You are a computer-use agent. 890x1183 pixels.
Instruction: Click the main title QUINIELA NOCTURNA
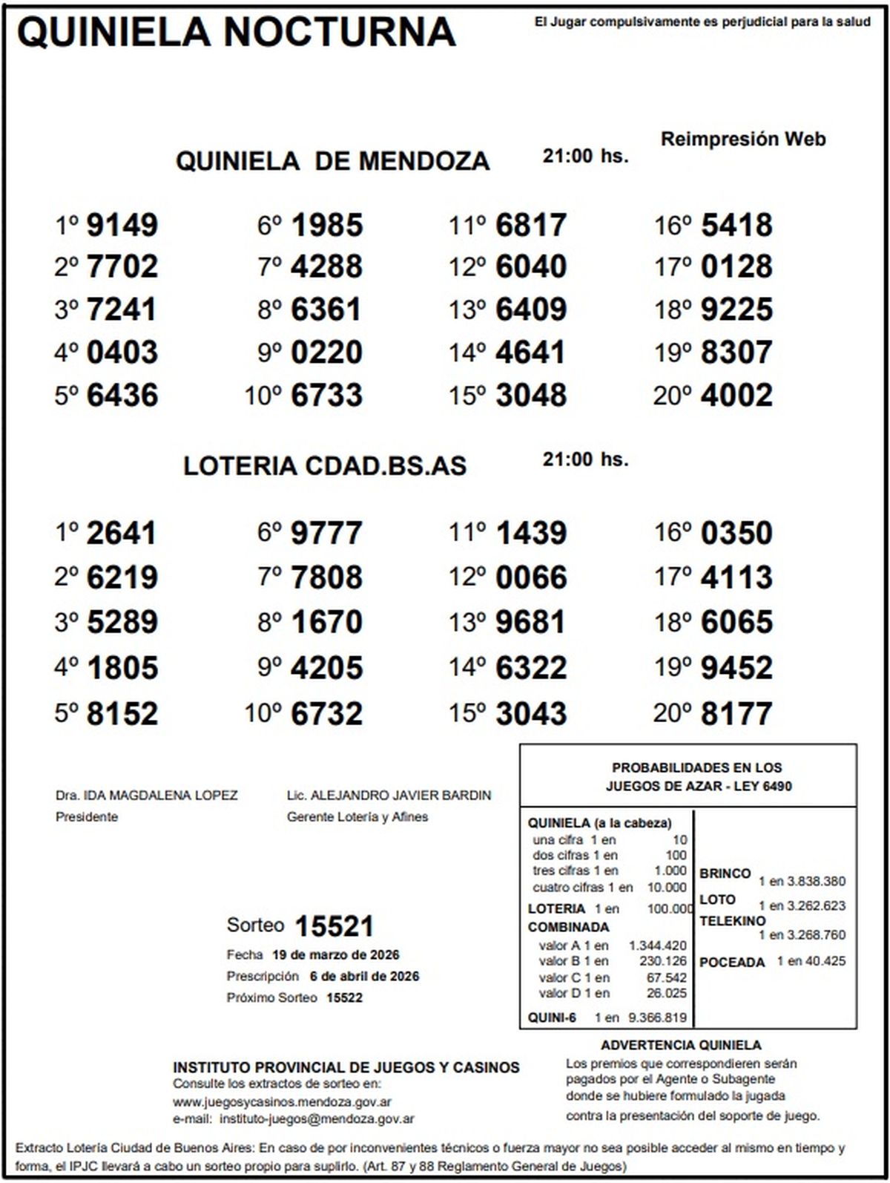point(236,32)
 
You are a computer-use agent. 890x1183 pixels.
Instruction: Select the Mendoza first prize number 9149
point(122,225)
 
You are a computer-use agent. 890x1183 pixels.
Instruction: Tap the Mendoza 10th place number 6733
point(327,396)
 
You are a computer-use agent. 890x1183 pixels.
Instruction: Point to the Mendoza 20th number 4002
point(736,396)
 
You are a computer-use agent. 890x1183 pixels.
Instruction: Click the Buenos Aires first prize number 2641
point(122,533)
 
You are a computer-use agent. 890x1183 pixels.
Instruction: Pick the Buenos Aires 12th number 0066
point(531,577)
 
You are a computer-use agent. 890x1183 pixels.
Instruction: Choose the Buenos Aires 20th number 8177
point(736,714)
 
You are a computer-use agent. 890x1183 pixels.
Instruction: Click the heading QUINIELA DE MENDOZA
point(332,161)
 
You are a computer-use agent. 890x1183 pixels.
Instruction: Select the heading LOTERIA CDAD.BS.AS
point(325,465)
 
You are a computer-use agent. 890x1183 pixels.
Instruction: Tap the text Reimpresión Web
point(743,139)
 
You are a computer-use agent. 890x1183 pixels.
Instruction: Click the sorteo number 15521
point(334,926)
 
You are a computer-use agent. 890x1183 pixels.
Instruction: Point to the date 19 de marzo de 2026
point(335,954)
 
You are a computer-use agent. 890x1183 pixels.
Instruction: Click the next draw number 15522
point(344,997)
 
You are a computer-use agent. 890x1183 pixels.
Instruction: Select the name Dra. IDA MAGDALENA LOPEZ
point(147,796)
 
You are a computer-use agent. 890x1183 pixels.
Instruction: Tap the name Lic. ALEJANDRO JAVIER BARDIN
point(389,796)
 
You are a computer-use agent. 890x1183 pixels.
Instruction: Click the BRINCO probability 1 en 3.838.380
point(801,882)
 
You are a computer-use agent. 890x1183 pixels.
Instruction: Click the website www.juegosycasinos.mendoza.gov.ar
point(283,1102)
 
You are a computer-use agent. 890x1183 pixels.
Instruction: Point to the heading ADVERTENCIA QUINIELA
point(681,1046)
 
